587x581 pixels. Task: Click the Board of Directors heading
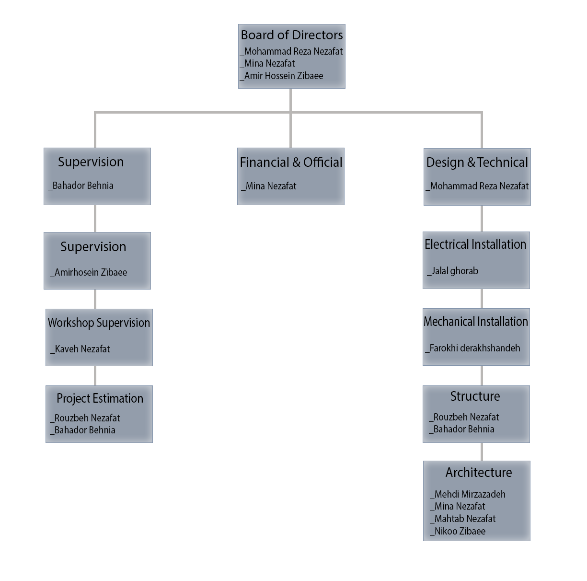[x=291, y=35]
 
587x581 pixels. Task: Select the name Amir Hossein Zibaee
[x=284, y=76]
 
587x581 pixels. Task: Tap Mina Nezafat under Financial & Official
[x=271, y=186]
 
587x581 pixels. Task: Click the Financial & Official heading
[x=291, y=162]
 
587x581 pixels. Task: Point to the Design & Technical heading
[x=477, y=163]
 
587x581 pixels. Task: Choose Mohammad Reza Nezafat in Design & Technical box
[x=479, y=186]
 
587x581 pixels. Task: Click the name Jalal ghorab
[x=455, y=271]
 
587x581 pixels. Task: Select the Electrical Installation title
[x=475, y=244]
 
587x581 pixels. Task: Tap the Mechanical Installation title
[x=475, y=321]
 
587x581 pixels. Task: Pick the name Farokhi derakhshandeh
[x=474, y=348]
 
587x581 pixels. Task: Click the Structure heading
[x=475, y=396]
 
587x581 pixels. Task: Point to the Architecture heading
[x=479, y=472]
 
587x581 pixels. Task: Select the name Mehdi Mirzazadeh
[x=470, y=494]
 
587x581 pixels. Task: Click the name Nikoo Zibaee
[x=460, y=531]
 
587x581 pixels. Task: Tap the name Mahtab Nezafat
[x=465, y=519]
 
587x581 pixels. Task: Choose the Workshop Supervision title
[x=99, y=323]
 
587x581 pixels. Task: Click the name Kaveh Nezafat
[x=82, y=349]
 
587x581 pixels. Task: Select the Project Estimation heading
[x=100, y=398]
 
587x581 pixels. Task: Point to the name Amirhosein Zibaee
[x=91, y=272]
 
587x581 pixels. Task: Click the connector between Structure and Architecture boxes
[x=482, y=452]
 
